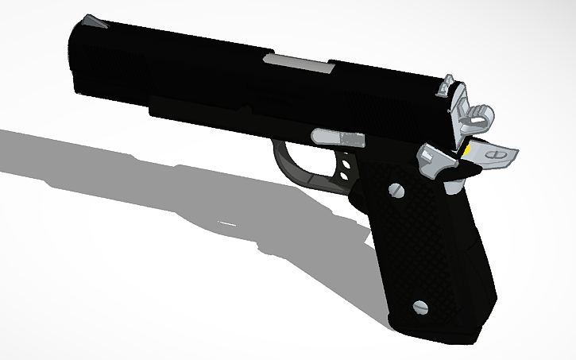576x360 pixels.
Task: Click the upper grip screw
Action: click(x=396, y=190)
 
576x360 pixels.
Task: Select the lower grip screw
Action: click(x=422, y=304)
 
